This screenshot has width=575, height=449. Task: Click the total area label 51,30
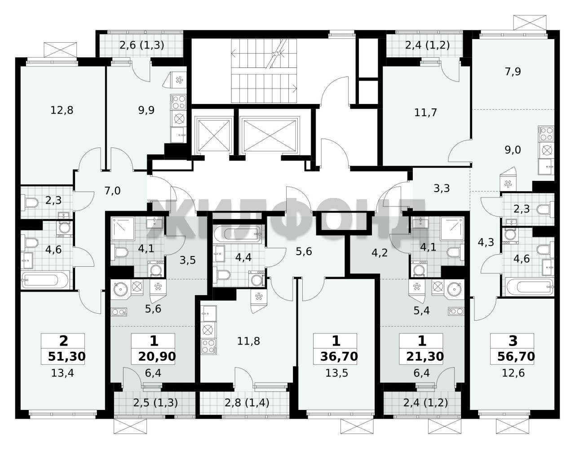pos(66,357)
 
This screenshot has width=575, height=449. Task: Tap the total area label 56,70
pos(516,357)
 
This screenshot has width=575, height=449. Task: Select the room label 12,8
pos(62,110)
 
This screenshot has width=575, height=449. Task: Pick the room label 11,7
pos(425,112)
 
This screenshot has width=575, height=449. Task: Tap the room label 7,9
pos(513,72)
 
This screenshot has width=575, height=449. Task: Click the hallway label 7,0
pos(112,191)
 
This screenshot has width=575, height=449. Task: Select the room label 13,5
pos(336,373)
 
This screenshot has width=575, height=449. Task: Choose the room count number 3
pos(513,341)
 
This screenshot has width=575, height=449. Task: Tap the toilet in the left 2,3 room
pos(31,202)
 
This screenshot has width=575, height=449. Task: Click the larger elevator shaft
pos(269,135)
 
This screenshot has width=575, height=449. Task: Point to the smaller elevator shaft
pos(214,135)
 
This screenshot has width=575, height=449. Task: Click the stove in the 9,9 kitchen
pos(179,102)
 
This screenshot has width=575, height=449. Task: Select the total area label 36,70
pos(339,357)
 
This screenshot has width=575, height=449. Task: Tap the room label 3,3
pos(442,189)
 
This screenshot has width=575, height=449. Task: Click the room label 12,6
pos(513,373)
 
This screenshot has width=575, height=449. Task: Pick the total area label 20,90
pos(157,357)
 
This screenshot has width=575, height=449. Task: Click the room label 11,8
pos(248,341)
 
